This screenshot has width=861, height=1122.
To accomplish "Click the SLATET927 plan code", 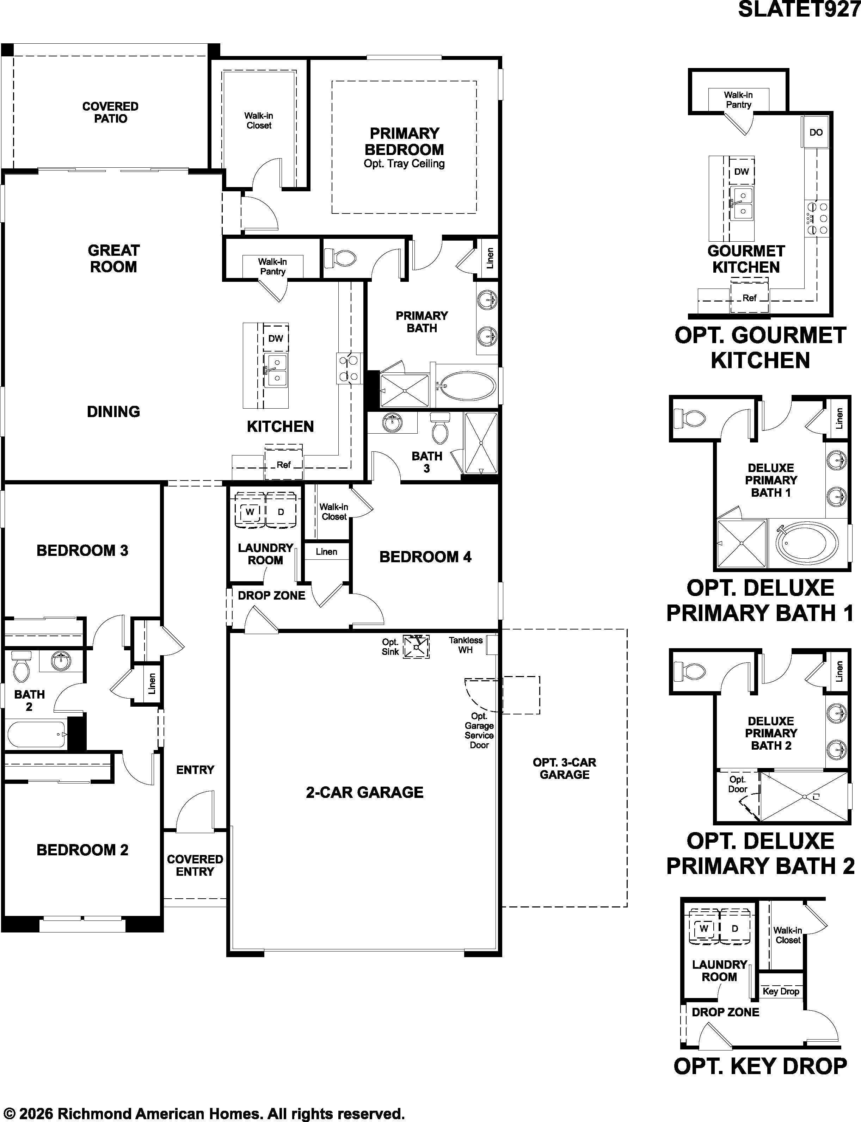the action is click(x=799, y=9).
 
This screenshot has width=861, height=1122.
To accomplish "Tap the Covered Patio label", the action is click(x=110, y=112).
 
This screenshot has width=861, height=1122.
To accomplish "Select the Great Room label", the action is click(x=113, y=258).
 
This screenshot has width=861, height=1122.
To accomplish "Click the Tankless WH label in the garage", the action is click(x=465, y=645).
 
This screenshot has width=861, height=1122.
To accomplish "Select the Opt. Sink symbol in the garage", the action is click(x=416, y=646).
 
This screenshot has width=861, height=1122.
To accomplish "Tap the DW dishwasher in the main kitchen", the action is click(x=276, y=338).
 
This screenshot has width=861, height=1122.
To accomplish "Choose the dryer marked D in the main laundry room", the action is click(x=281, y=511).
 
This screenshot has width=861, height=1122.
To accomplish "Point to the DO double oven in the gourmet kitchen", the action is click(x=816, y=132).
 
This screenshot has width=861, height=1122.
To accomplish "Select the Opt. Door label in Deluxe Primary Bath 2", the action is click(x=738, y=784).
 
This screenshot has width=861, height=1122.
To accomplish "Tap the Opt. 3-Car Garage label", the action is click(x=564, y=769).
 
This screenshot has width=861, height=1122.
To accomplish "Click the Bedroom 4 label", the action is click(x=425, y=557).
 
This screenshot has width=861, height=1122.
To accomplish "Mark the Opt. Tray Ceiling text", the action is click(x=404, y=164).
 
